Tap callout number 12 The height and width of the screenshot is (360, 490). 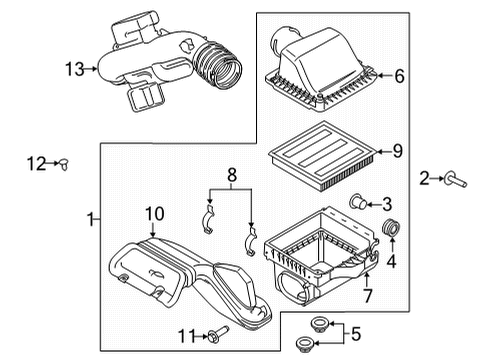click(35, 165)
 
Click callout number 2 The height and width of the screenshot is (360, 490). click(424, 179)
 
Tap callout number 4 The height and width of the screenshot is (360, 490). click(391, 264)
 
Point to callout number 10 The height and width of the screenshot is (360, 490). click(154, 213)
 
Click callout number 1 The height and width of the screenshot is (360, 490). click(91, 218)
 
